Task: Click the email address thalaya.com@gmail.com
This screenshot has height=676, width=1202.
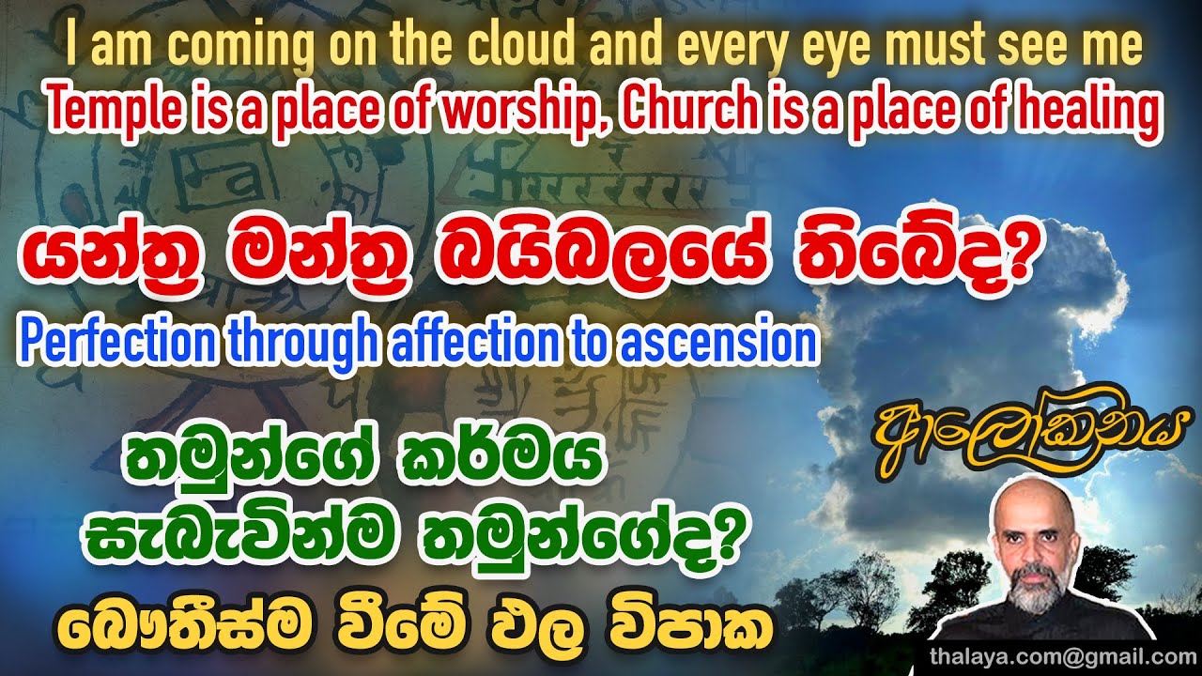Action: (1063, 655)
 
